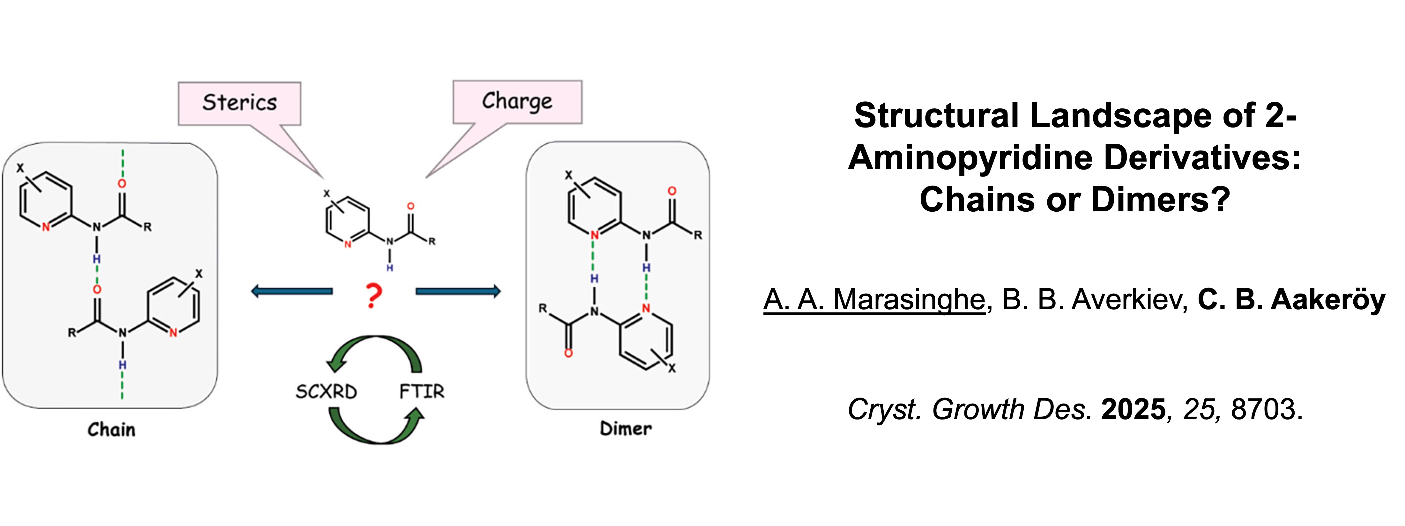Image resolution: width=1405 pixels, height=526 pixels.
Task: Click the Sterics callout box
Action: coord(240,103)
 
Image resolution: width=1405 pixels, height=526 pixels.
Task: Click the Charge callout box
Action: coord(517,101)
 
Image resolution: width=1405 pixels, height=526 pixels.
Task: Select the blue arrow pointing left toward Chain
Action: coord(292,292)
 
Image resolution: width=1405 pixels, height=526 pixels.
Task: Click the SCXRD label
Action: coord(326,391)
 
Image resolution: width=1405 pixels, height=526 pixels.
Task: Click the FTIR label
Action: coord(422,391)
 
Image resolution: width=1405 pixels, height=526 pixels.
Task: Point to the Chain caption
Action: coord(111,429)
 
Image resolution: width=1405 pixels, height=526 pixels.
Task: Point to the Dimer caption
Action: coord(626,428)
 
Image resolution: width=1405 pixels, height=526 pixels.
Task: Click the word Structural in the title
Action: coord(936,115)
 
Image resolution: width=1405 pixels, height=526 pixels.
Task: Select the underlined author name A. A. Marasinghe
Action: coord(874,300)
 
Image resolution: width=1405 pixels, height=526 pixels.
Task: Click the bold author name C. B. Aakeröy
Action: coord(1291,300)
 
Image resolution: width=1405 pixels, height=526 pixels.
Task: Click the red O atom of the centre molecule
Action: coord(411,206)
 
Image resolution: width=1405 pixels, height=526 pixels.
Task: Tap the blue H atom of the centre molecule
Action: coord(390,268)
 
